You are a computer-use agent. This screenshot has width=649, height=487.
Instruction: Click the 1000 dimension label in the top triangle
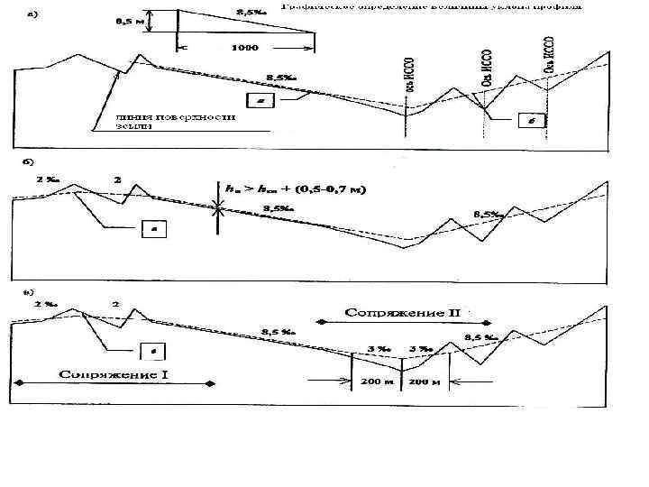tap(246, 47)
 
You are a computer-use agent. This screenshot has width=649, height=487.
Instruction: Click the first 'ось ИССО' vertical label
tap(410, 74)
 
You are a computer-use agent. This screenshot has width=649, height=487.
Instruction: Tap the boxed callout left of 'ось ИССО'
tap(260, 102)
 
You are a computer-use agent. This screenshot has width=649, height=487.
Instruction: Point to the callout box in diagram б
tap(155, 231)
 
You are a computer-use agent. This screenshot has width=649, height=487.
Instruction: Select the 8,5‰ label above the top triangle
tap(251, 12)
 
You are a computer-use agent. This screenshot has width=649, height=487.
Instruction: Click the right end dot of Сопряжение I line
tap(211, 384)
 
